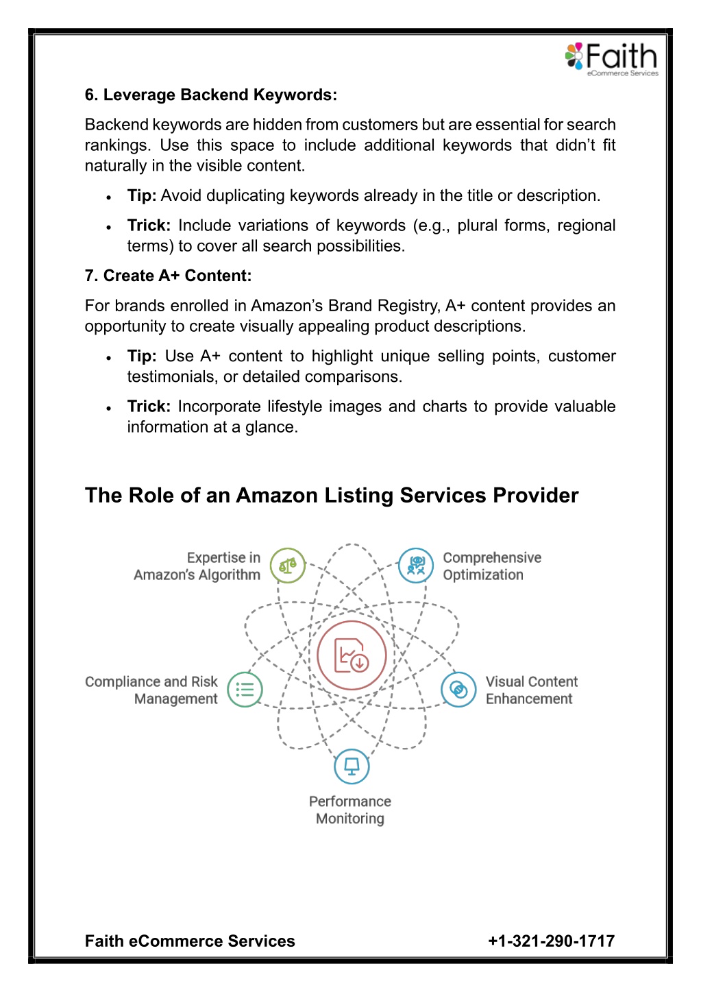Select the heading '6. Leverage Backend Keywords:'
(x=210, y=95)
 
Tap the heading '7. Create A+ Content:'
(x=168, y=276)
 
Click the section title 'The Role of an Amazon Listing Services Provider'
(x=332, y=495)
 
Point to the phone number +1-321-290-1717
(x=552, y=941)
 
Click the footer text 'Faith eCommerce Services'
(x=190, y=941)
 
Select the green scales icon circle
(x=288, y=566)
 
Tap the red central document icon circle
(x=352, y=655)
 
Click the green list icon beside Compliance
(x=245, y=690)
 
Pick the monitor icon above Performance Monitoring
(x=352, y=766)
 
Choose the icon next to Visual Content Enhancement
(x=458, y=690)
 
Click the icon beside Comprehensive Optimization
(x=416, y=566)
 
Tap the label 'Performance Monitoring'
(x=350, y=810)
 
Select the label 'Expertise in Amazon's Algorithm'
(x=197, y=566)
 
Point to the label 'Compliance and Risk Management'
(x=151, y=690)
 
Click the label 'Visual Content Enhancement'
(x=532, y=690)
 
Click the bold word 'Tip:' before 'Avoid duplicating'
(x=142, y=195)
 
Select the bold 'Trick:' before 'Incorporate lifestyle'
(x=149, y=406)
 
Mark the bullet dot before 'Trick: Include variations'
(x=108, y=228)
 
